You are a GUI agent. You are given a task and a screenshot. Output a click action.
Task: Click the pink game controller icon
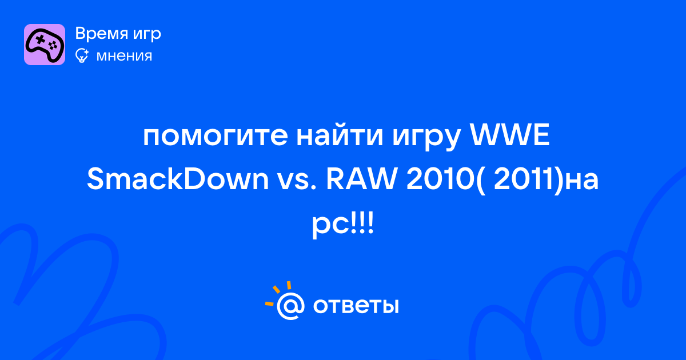(45, 45)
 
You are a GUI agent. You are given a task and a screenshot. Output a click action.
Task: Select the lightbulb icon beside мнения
(82, 55)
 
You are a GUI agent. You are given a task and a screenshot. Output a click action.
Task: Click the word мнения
(124, 56)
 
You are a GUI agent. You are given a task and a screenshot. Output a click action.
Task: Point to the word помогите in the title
(216, 136)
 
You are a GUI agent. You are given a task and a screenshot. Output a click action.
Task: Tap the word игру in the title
(426, 138)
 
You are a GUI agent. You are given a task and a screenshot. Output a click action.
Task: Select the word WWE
(509, 135)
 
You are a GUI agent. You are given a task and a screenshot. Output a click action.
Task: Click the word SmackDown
(178, 179)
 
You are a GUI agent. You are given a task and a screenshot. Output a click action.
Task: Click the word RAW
(361, 179)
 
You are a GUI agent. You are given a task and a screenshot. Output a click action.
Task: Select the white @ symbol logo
(290, 306)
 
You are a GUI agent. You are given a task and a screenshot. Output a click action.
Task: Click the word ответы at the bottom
(356, 306)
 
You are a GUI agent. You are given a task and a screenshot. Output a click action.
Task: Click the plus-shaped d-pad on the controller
(41, 39)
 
